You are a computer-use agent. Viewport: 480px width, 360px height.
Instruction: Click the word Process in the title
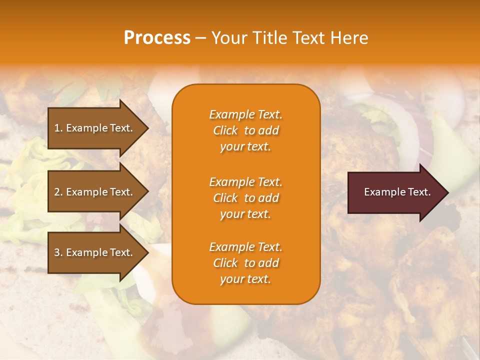point(157,38)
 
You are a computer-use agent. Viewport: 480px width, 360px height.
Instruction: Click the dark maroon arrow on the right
point(395,192)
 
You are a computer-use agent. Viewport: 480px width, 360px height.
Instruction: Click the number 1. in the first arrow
point(58,128)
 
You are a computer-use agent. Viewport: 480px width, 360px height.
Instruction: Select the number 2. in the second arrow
point(58,192)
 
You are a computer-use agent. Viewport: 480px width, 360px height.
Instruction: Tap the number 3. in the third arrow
point(58,252)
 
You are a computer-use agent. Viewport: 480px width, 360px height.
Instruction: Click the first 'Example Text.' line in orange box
point(245,114)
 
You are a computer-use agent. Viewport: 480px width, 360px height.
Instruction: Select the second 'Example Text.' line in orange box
point(245,181)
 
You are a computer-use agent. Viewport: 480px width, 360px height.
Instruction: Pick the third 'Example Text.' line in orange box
point(245,247)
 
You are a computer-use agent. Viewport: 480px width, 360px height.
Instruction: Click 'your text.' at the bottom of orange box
point(245,279)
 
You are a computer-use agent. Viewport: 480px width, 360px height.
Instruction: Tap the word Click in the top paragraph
point(225,130)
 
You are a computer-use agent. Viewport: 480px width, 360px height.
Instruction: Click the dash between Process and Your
point(200,38)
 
